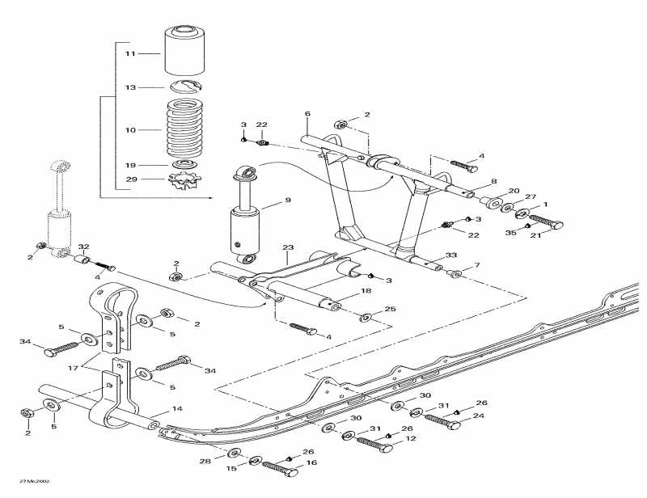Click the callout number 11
pyautogui.click(x=130, y=53)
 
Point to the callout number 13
pyautogui.click(x=130, y=87)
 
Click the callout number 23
pyautogui.click(x=287, y=247)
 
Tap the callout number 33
pyautogui.click(x=450, y=255)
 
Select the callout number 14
pyautogui.click(x=176, y=409)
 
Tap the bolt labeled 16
pyautogui.click(x=279, y=471)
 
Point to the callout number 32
pyautogui.click(x=83, y=246)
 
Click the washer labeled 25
pyautogui.click(x=365, y=314)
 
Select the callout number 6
pyautogui.click(x=307, y=114)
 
